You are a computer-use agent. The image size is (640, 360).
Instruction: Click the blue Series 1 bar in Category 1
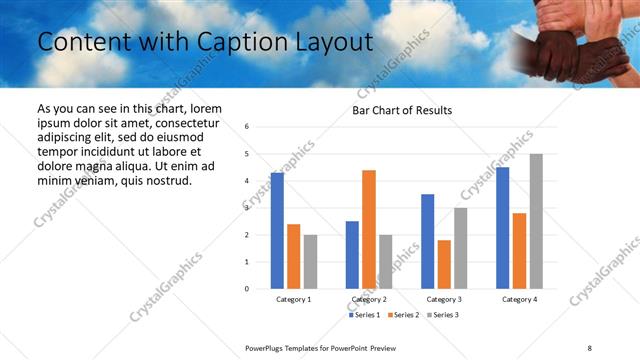tap(277, 230)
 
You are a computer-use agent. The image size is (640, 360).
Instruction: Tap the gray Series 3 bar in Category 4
tap(536, 221)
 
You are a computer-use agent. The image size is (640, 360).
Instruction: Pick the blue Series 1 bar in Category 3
tap(428, 241)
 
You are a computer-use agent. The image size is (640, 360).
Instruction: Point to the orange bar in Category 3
tap(444, 264)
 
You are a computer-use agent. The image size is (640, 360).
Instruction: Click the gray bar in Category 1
tap(310, 261)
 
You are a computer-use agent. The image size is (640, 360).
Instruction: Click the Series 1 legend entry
tap(365, 315)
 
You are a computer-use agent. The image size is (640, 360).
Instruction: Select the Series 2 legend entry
tap(404, 315)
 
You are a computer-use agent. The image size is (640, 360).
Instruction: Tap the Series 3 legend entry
tap(443, 315)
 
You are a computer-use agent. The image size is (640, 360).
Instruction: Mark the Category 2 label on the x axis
tap(369, 300)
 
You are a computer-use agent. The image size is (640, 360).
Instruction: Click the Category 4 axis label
tap(519, 300)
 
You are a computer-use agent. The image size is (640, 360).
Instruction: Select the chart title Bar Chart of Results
tap(402, 110)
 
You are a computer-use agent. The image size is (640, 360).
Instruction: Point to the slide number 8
tap(589, 346)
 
